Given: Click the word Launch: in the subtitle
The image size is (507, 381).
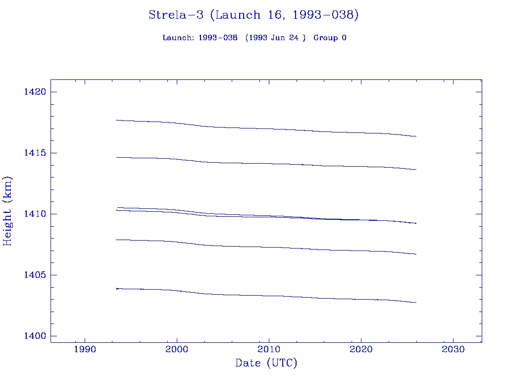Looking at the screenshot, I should click(178, 38).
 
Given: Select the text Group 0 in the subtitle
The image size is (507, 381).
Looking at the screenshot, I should click(330, 38).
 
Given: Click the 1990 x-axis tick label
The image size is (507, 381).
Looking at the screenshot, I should click(85, 349).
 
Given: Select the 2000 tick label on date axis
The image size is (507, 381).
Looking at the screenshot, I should click(177, 349).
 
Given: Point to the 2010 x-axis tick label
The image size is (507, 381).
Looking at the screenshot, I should click(269, 349).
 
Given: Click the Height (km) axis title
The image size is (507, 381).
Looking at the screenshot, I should click(8, 211).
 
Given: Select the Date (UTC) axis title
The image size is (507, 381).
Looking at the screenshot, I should click(266, 364).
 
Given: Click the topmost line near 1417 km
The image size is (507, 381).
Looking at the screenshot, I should click(267, 128).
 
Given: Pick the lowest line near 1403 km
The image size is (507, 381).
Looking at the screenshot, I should click(267, 296).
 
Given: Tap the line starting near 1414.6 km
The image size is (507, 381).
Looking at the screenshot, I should click(267, 163).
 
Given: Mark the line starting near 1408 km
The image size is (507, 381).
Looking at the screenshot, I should click(267, 247).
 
